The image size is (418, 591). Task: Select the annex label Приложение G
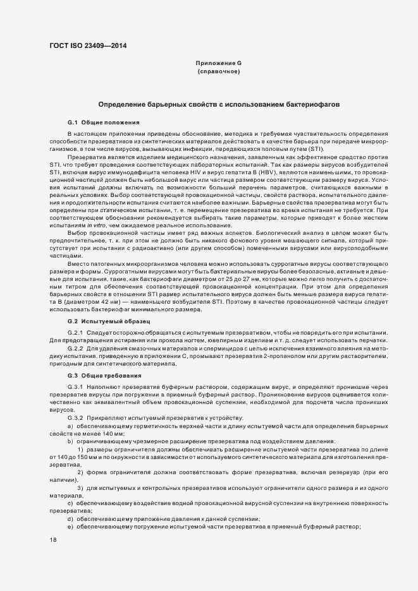(218, 64)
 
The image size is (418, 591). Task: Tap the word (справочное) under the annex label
(218, 72)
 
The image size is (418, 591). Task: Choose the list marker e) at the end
(70, 527)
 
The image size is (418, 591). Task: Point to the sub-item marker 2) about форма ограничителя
(80, 472)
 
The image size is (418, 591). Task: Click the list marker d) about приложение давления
(70, 518)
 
